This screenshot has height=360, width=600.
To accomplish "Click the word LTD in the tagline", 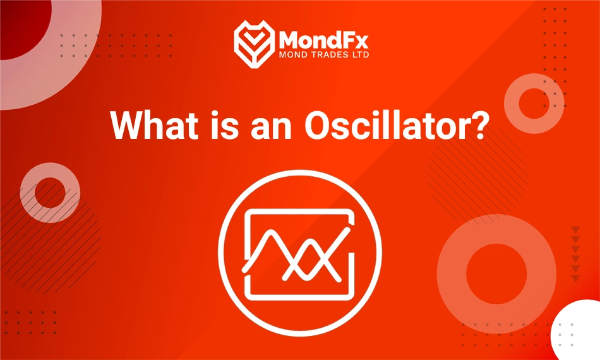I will [x=360, y=55].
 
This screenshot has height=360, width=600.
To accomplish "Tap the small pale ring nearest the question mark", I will [x=534, y=103].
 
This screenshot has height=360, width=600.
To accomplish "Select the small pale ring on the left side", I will [x=50, y=192].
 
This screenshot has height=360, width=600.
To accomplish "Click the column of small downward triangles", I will [x=575, y=253].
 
